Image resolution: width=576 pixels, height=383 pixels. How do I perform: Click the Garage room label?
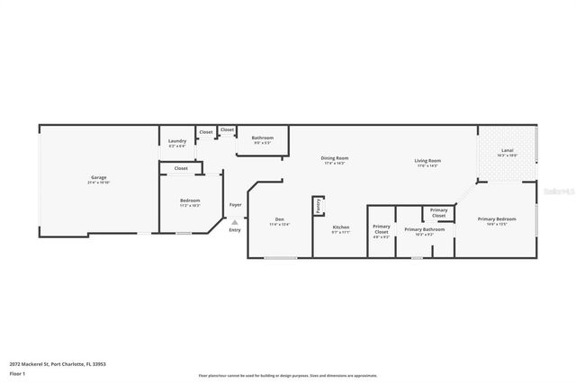[x=99, y=178]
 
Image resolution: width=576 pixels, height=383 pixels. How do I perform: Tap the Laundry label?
[x=177, y=140]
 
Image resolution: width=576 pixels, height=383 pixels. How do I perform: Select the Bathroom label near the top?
[x=262, y=138]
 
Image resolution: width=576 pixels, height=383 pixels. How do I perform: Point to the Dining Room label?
[x=335, y=159]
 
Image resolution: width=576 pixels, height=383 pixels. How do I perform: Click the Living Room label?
[x=427, y=162]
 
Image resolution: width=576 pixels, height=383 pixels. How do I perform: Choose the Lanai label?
[x=507, y=150]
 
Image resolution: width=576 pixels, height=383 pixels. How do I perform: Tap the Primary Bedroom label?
[x=497, y=219]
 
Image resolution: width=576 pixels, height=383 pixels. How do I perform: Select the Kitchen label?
[x=341, y=227]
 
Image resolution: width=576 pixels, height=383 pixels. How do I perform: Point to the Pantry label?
[x=318, y=206]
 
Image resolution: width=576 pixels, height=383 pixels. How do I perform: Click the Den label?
[x=280, y=219]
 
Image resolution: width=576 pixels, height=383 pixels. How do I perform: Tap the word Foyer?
[x=235, y=204]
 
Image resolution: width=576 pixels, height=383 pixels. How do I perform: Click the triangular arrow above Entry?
[x=235, y=222]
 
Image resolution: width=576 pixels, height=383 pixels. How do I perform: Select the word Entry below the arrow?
[x=235, y=230]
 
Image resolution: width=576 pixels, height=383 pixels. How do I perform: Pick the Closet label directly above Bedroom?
[x=181, y=168]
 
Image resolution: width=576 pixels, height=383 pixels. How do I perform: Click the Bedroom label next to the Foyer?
[x=189, y=200]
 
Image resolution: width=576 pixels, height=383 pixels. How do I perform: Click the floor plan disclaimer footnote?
[x=288, y=375]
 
